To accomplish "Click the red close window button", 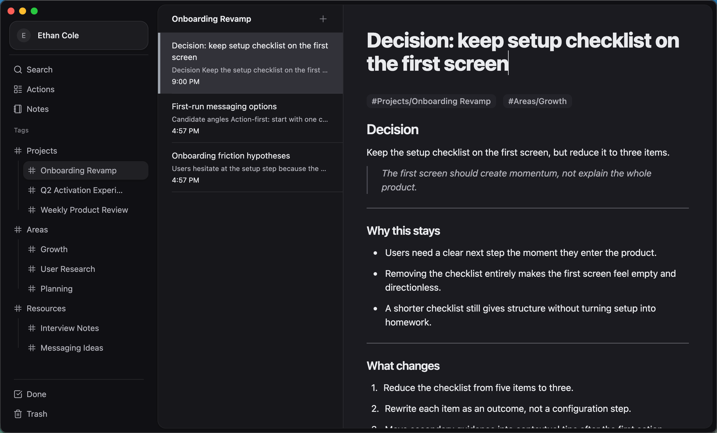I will click(x=11, y=11).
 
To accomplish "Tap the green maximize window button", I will click(x=34, y=11).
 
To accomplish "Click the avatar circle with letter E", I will click(x=24, y=35).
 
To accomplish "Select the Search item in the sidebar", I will click(x=39, y=70).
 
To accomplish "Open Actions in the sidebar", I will click(x=41, y=89).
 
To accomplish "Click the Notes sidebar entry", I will click(x=38, y=109).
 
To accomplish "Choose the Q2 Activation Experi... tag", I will click(x=81, y=190).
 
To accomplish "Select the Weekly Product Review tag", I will click(x=84, y=210).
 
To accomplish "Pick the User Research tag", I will click(x=68, y=269).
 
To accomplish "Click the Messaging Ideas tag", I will click(x=72, y=348).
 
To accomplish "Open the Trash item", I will click(x=37, y=414).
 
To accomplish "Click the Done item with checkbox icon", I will click(x=36, y=394).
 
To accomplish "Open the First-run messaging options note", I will click(x=224, y=106).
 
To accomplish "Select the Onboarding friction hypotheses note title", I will click(x=231, y=156).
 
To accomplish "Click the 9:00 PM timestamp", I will click(x=186, y=81).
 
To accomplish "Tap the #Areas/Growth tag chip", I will click(x=537, y=101).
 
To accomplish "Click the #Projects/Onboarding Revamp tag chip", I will click(x=431, y=101).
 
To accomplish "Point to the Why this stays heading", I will click(x=403, y=231).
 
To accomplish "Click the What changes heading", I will click(x=403, y=366).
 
